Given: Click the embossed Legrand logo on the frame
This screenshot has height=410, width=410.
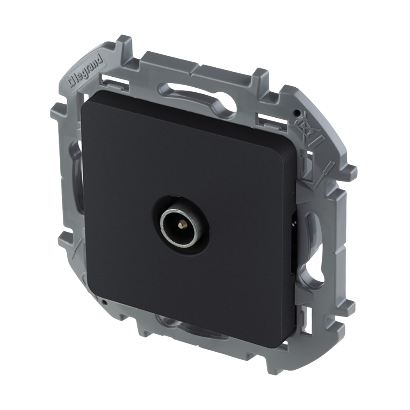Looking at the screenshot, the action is click(85, 70).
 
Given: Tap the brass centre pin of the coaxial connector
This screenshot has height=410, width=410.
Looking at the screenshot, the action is click(180, 225).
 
